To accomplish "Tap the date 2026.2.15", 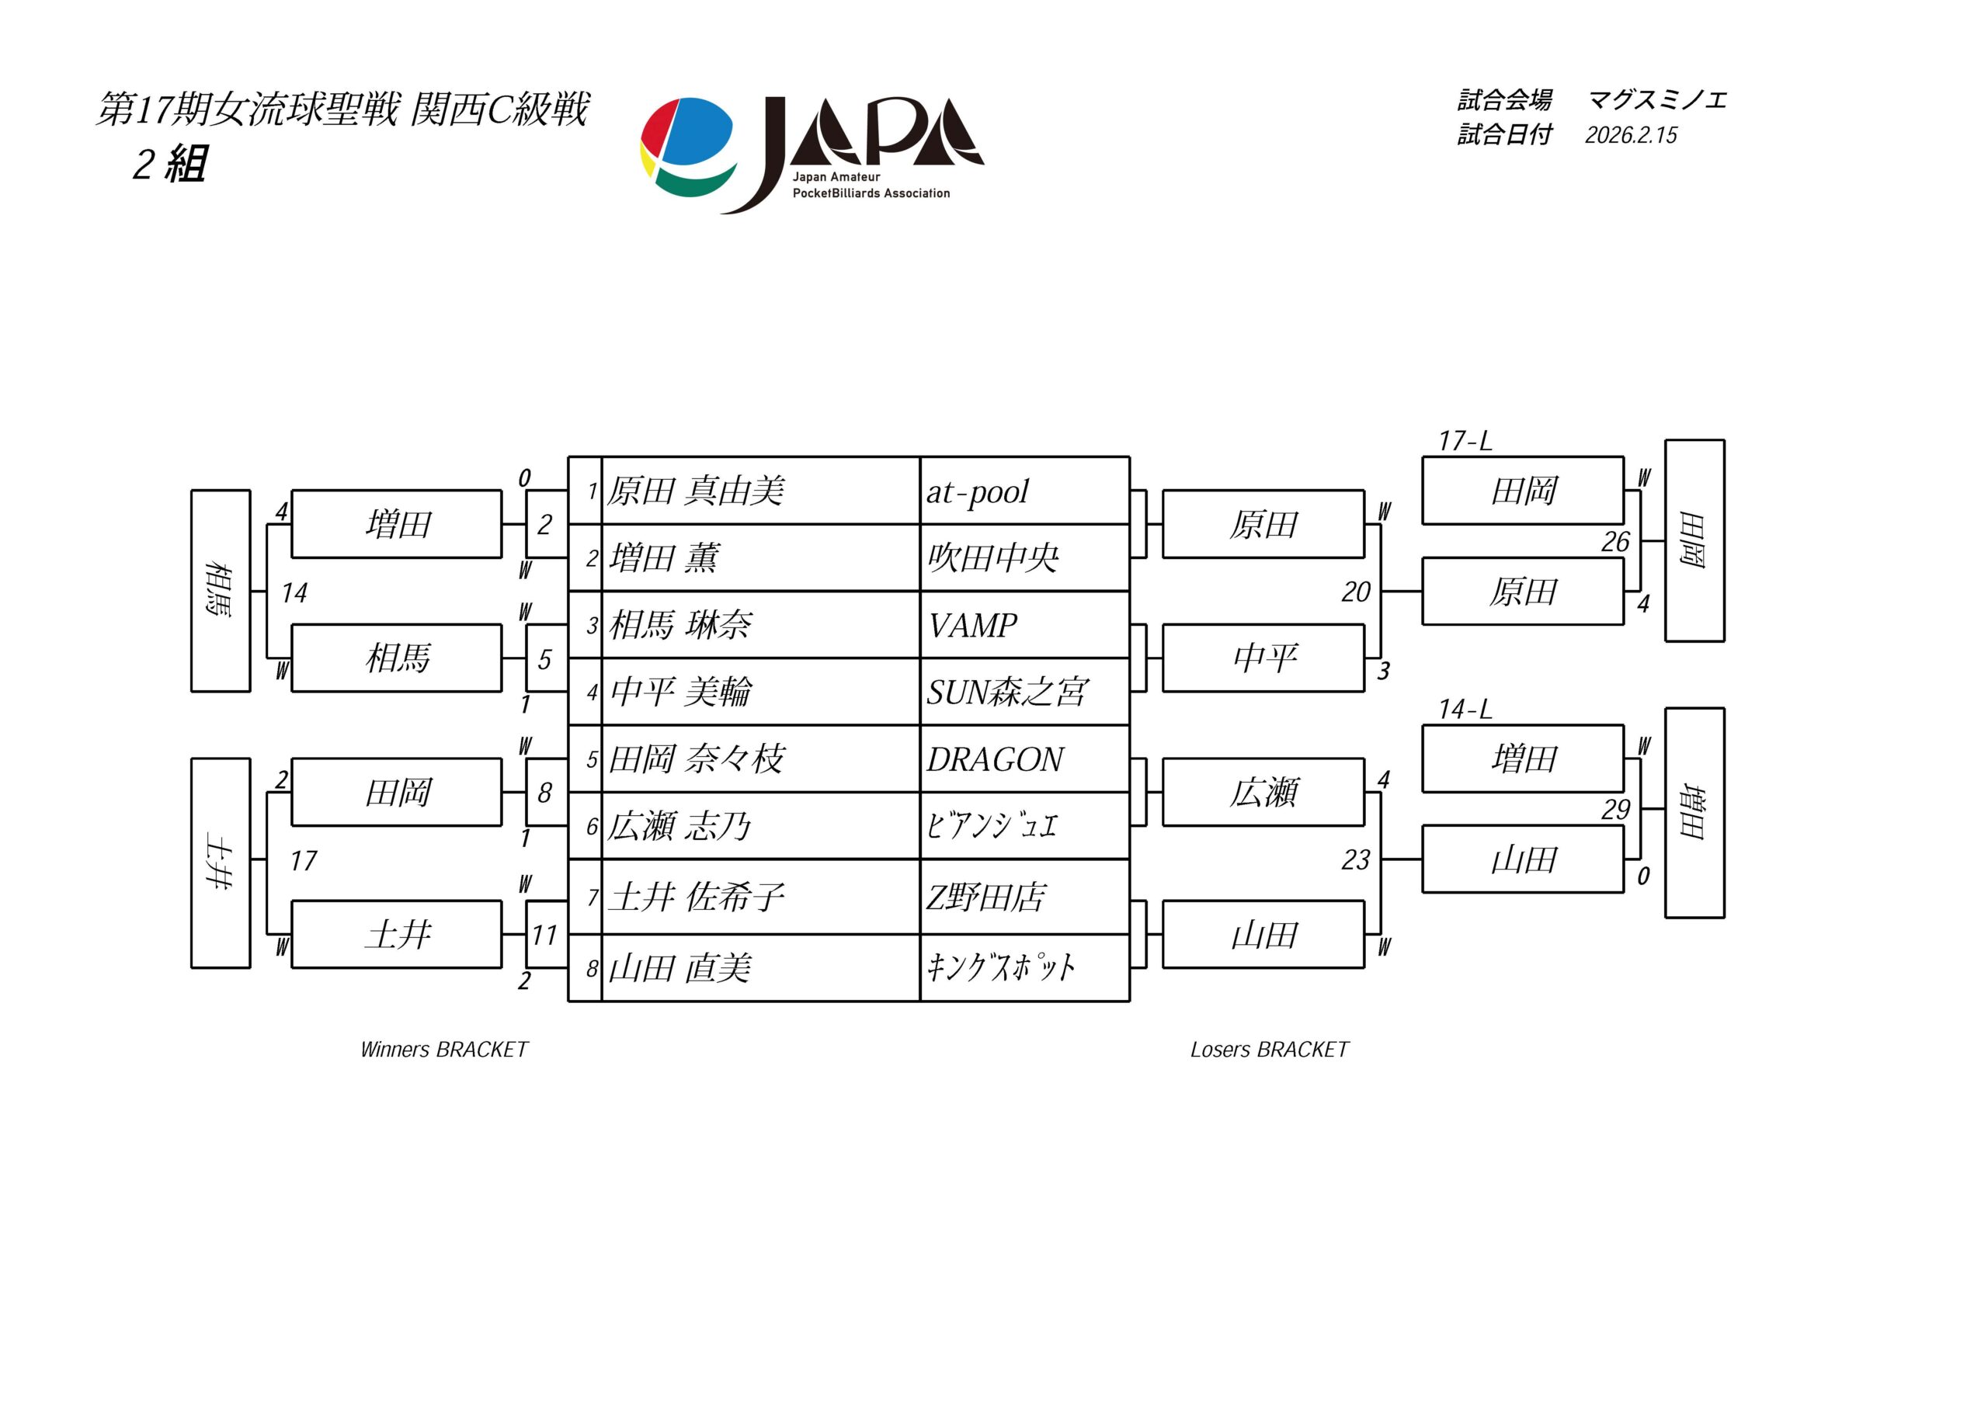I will coord(1631,135).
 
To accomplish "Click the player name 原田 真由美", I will coord(695,491).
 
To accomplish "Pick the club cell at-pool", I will coord(978,491).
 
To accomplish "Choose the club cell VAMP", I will coord(972,625).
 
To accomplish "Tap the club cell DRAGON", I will coord(995,759).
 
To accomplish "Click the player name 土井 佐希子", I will coord(696,897).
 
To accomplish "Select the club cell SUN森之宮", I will coord(1006,692).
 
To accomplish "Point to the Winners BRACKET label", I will coord(443,1050).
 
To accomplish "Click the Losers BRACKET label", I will coord(1270,1050).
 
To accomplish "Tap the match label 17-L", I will coord(1465,442).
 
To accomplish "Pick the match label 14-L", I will coord(1465,710).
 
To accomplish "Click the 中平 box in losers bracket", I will coord(1263,659).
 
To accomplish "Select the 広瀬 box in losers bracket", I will coord(1263,792).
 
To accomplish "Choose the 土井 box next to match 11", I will coord(397,934).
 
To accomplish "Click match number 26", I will coord(1614,542).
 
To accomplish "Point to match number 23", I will coord(1356,859).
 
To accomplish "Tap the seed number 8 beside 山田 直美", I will coord(592,968).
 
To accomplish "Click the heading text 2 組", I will coord(170,164).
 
